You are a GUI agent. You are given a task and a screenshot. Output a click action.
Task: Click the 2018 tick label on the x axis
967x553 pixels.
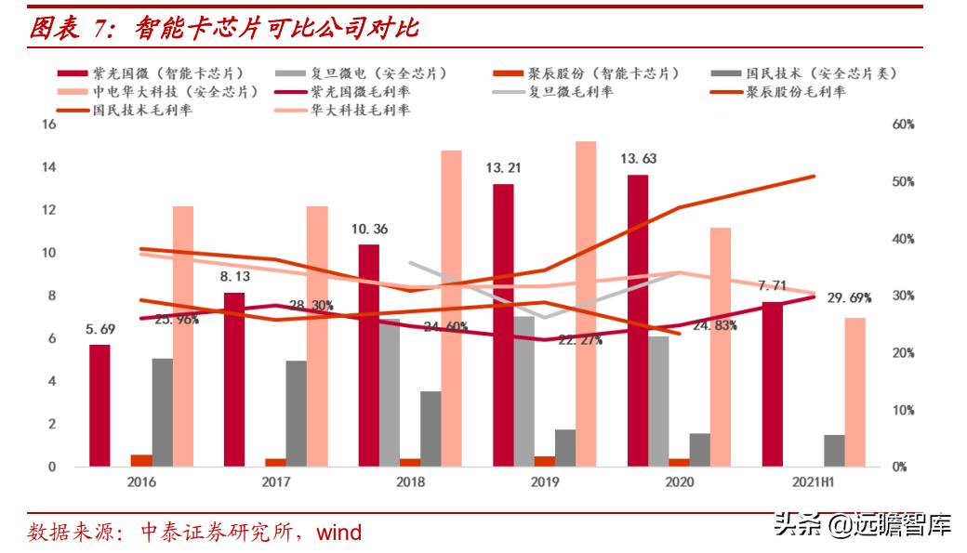tap(410, 482)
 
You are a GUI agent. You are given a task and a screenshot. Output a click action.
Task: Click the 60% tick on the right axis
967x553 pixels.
tap(904, 125)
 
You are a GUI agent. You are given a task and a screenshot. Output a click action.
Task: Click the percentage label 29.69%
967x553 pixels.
tap(848, 298)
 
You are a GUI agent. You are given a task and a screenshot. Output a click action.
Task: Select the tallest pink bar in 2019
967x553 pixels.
tap(586, 303)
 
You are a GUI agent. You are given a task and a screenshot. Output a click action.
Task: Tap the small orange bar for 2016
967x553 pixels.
tap(141, 460)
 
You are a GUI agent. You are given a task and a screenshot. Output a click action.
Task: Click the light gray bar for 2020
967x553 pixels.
tap(658, 401)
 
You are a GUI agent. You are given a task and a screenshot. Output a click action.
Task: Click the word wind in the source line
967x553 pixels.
tap(339, 533)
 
